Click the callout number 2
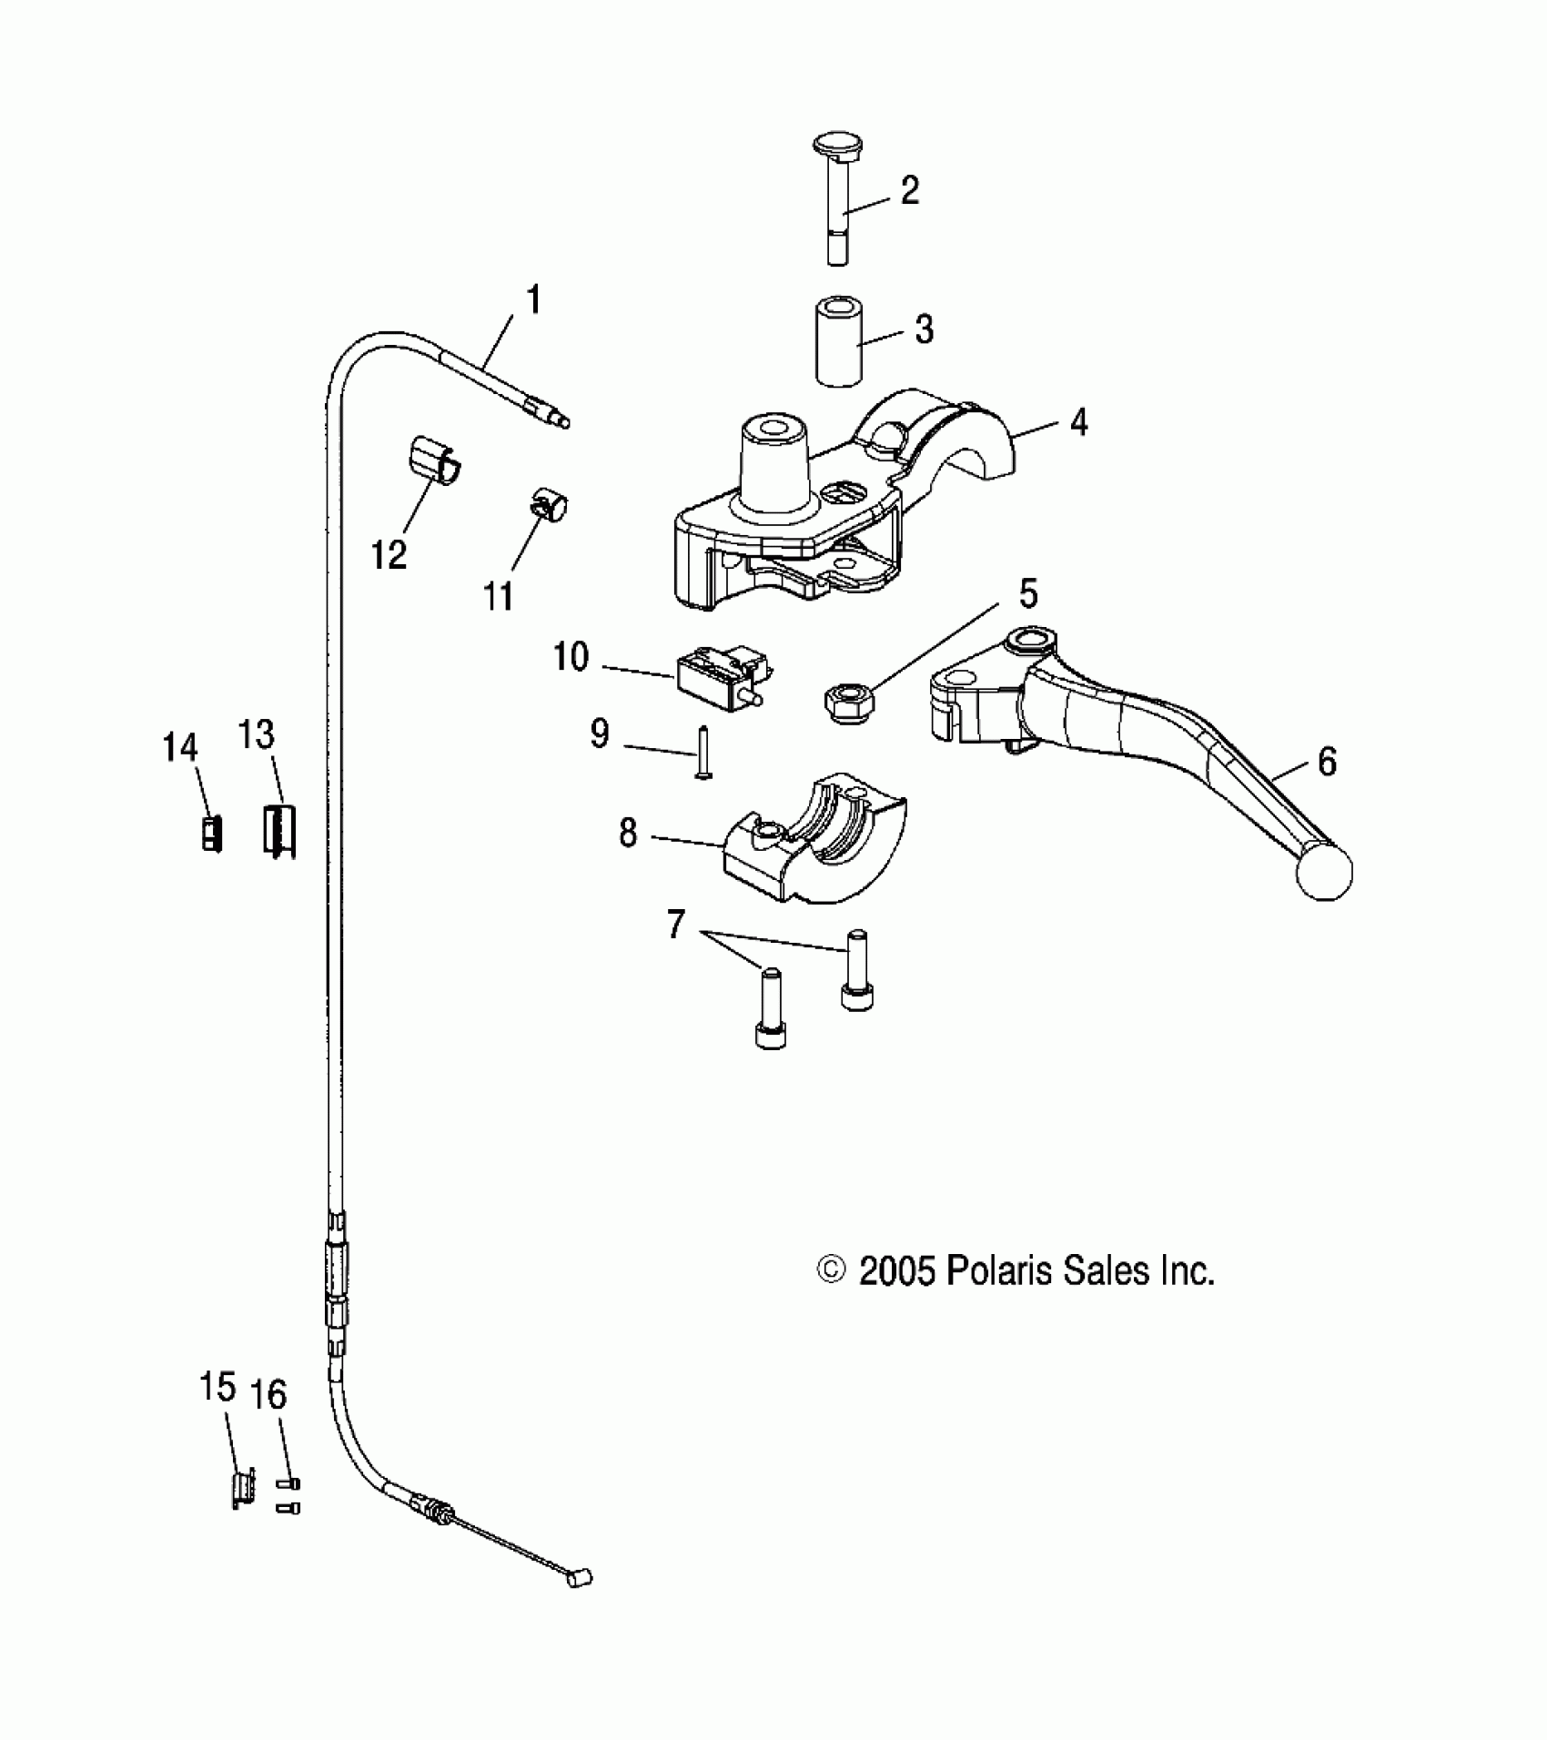909,191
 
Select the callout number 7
675,926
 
